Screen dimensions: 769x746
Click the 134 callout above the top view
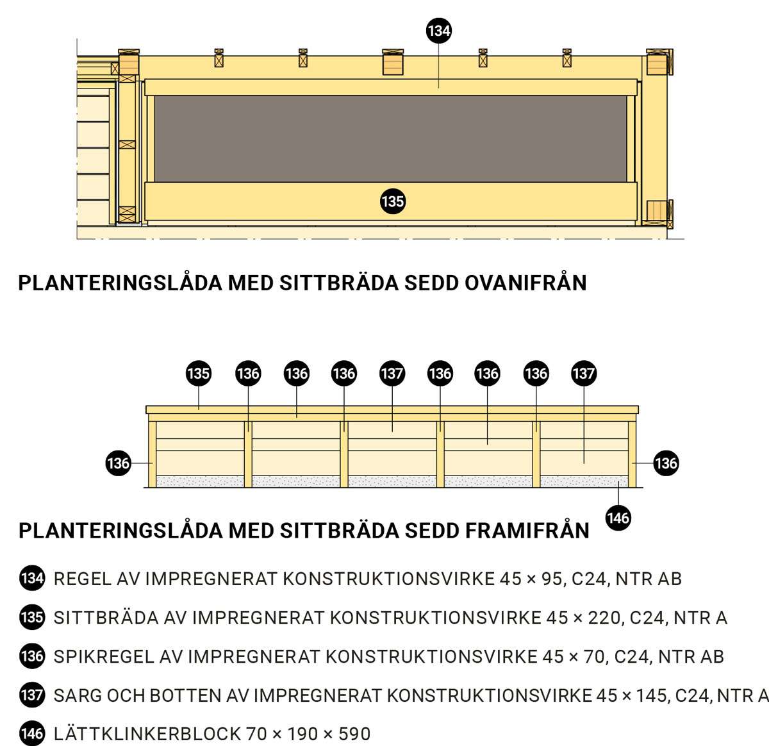tap(438, 30)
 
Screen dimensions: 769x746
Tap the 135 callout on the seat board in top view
tap(392, 201)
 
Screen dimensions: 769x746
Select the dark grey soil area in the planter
tap(390, 138)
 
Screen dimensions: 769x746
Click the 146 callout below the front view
tap(618, 518)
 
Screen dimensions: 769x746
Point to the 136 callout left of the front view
tap(118, 463)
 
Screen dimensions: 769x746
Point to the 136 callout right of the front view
tap(666, 463)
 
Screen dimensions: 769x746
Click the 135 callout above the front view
tap(199, 374)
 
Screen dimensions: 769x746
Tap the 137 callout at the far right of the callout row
tap(584, 374)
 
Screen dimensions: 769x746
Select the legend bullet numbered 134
tap(32, 579)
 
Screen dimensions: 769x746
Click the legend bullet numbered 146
tap(32, 734)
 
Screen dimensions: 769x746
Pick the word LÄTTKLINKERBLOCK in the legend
tap(147, 734)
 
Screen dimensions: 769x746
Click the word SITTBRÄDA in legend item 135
tap(106, 618)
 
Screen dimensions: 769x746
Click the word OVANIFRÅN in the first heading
tap(525, 283)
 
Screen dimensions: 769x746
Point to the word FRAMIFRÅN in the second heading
tap(527, 530)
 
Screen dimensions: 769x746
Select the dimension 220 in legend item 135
tap(606, 618)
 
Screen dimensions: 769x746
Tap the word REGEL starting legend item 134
tap(82, 579)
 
